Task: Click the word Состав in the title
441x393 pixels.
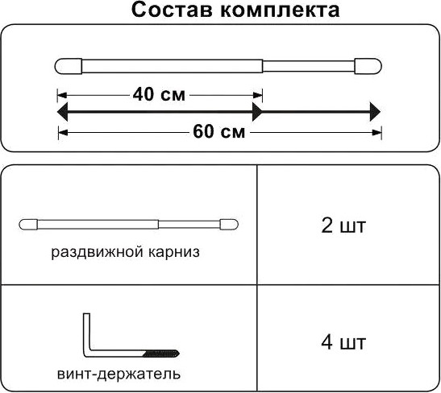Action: click(x=172, y=10)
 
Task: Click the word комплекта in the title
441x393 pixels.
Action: click(x=280, y=10)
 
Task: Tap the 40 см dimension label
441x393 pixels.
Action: click(x=159, y=95)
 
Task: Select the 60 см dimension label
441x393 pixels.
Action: click(x=219, y=131)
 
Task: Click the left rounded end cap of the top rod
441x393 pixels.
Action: click(x=69, y=66)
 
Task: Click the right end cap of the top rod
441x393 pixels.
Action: click(x=368, y=66)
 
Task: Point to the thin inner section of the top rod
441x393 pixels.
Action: click(x=309, y=66)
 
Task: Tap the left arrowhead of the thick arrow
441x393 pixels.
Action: click(x=62, y=112)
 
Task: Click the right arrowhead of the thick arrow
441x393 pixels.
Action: click(x=375, y=112)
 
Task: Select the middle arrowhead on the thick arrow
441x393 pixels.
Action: click(x=258, y=112)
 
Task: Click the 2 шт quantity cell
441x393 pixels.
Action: click(x=343, y=225)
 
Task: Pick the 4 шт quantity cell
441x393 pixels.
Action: click(x=343, y=342)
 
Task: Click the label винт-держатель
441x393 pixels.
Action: click(x=119, y=374)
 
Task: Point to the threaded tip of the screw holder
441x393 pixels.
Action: click(x=161, y=354)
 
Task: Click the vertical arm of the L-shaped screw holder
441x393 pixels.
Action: click(x=86, y=332)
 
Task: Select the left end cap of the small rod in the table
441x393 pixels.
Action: click(x=28, y=225)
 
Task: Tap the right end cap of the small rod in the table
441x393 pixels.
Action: click(x=229, y=225)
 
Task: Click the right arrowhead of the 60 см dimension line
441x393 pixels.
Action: click(x=377, y=133)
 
